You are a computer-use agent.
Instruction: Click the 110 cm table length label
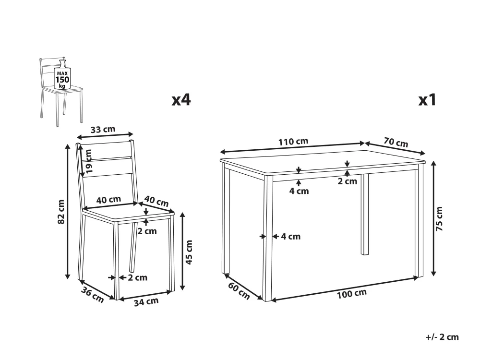pos(293,142)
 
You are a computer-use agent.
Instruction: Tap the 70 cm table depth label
pos(396,143)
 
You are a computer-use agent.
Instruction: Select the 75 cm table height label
pos(439,218)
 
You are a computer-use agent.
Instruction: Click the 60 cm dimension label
pos(239,291)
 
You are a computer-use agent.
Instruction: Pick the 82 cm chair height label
pos(61,212)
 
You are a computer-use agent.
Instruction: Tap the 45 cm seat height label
pos(189,252)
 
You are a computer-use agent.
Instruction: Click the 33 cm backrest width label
pos(103,130)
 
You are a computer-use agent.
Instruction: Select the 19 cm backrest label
pos(88,161)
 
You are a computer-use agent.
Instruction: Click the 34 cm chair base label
pos(146,302)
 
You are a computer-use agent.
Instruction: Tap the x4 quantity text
pos(181,100)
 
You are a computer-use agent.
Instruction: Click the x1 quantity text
pos(427,100)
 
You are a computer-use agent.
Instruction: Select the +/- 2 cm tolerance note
pos(442,337)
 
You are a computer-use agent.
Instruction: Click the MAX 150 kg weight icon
pos(62,75)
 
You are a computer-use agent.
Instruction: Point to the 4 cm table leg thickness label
pos(291,237)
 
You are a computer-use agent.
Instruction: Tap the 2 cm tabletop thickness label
pos(348,181)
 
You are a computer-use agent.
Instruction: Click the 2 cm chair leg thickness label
pos(137,278)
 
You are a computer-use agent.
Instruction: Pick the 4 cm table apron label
pos(299,192)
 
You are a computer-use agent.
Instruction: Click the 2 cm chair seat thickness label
pos(147,231)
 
